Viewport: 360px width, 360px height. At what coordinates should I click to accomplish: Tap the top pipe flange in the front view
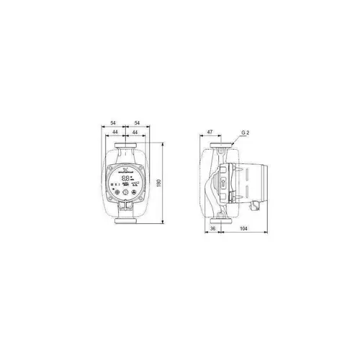[x=126, y=151]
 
